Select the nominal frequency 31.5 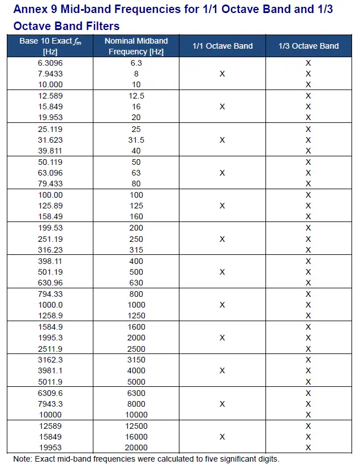pyautogui.click(x=136, y=140)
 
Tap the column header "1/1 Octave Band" pyautogui.click(x=222, y=46)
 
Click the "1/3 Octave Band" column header pyautogui.click(x=308, y=46)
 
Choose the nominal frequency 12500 pyautogui.click(x=136, y=426)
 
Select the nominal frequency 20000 pyautogui.click(x=136, y=447)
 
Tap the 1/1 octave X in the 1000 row pyautogui.click(x=222, y=305)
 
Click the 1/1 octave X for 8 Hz pyautogui.click(x=222, y=74)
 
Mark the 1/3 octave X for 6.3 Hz pyautogui.click(x=308, y=63)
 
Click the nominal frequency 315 pyautogui.click(x=136, y=250)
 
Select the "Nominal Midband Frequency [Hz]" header pyautogui.click(x=136, y=46)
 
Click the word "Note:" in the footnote pyautogui.click(x=23, y=459)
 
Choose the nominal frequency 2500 pyautogui.click(x=136, y=349)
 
